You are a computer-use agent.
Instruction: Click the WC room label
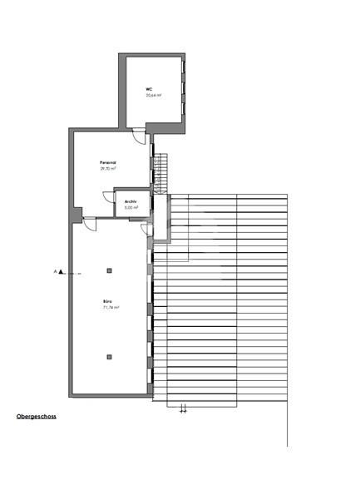tap(149, 89)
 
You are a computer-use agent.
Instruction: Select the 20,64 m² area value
tap(151, 96)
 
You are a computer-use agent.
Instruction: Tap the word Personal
tap(107, 162)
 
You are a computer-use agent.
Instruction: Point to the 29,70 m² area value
tap(108, 169)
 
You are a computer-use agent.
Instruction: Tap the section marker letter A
tap(57, 271)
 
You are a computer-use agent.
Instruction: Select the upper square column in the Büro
tap(110, 270)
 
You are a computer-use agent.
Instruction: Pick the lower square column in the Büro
tap(110, 357)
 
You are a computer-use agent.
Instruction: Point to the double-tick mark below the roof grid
tap(184, 408)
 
